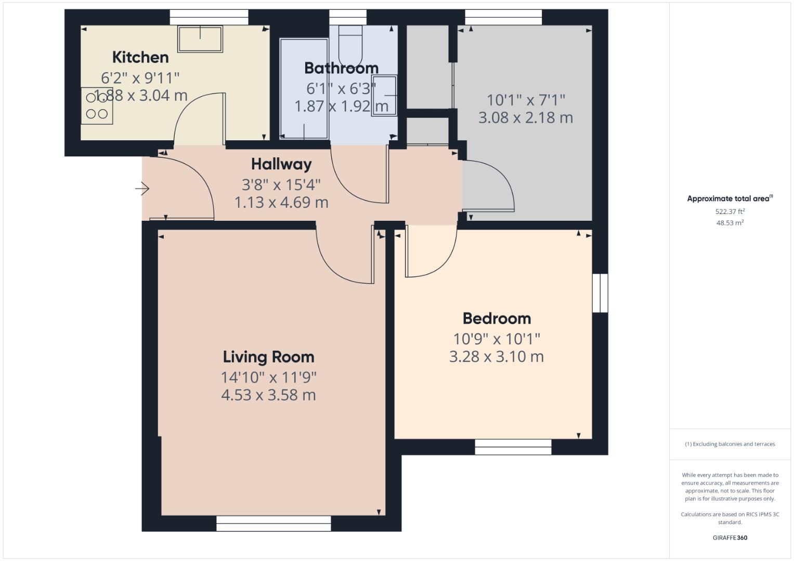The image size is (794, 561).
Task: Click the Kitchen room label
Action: pos(140,57)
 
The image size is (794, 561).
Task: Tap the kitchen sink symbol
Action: pos(200,39)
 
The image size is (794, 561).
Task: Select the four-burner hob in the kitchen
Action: pos(97,106)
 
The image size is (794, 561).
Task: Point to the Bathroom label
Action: pos(341,68)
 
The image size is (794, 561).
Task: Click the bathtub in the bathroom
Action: pos(304,88)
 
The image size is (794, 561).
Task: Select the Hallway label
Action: pos(281,164)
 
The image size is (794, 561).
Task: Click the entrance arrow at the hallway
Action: pos(142,189)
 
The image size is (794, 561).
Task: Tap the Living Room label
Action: pos(268,357)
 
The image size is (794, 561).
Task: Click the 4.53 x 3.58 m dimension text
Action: pos(268,395)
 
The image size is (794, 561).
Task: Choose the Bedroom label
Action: pos(497,318)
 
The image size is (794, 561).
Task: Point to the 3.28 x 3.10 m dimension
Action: pos(497,357)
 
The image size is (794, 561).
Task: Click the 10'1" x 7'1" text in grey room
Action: pos(526,100)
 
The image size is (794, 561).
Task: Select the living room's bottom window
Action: pos(274,524)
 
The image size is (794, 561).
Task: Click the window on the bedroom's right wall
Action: pos(600,293)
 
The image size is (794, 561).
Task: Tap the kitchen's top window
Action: pos(209,17)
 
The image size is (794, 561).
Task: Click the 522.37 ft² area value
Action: pos(730,211)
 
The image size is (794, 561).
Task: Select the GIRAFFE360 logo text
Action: pos(730,538)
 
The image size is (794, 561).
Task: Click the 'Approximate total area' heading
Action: pos(730,198)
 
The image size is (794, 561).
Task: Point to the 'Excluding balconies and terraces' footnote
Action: pos(730,444)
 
